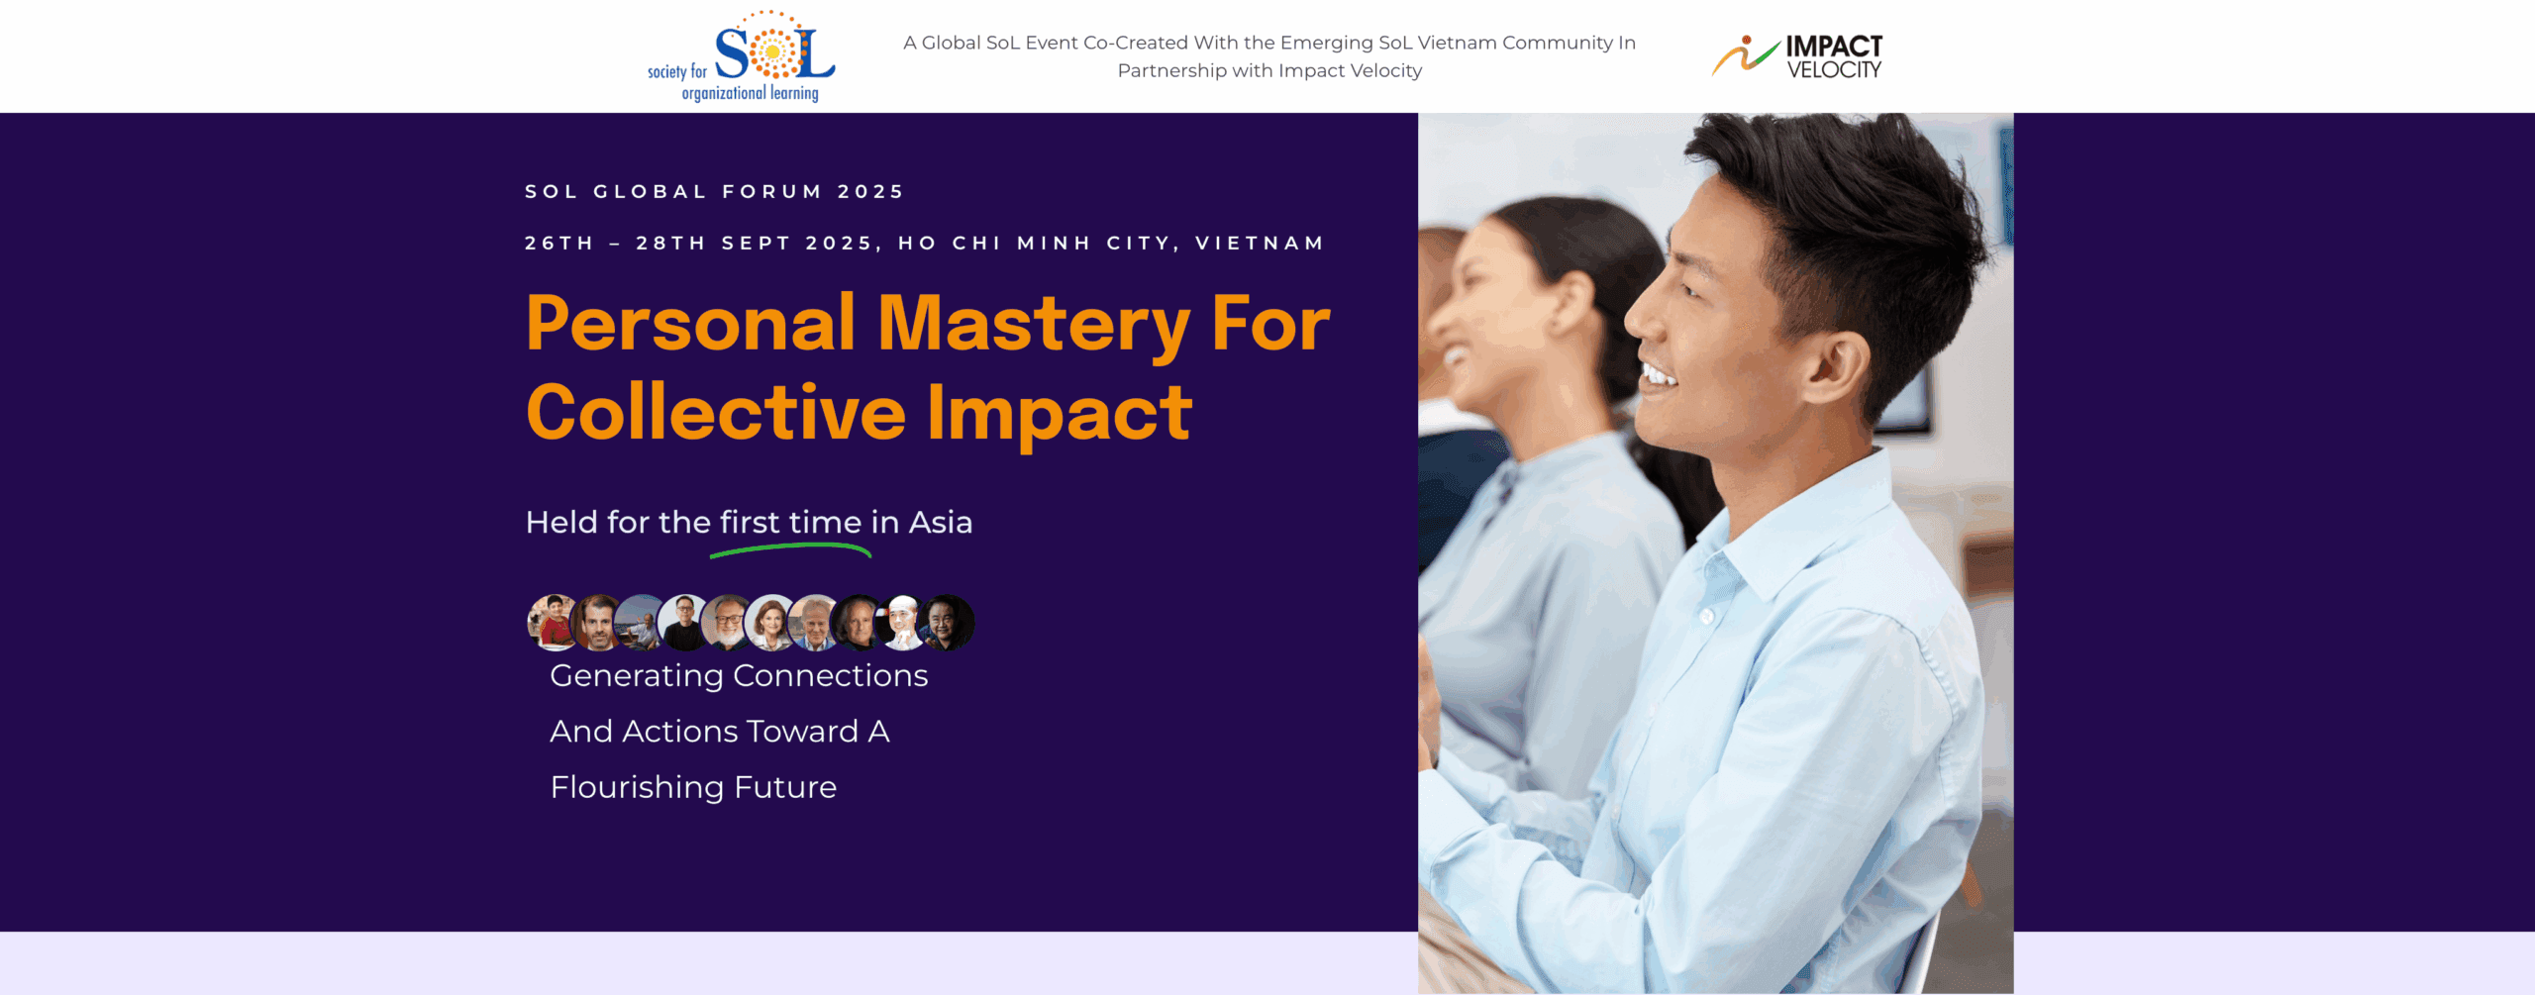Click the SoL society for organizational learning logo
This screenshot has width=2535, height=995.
(x=742, y=56)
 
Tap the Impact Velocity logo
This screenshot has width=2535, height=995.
(x=1797, y=56)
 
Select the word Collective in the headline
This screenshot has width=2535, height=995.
(x=716, y=412)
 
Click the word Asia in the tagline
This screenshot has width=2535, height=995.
(x=941, y=522)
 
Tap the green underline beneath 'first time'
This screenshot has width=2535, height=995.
(x=790, y=549)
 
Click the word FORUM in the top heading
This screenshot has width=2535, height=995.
(x=772, y=191)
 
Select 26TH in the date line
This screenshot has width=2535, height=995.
(x=559, y=244)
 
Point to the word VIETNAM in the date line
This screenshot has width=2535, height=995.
(x=1260, y=244)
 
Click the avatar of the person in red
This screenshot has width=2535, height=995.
(x=554, y=623)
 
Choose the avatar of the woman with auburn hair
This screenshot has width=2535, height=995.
(x=771, y=623)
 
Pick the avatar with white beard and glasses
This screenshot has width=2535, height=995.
(x=728, y=623)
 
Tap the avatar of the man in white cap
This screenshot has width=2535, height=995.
(x=902, y=623)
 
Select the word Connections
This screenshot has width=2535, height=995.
(x=831, y=675)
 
